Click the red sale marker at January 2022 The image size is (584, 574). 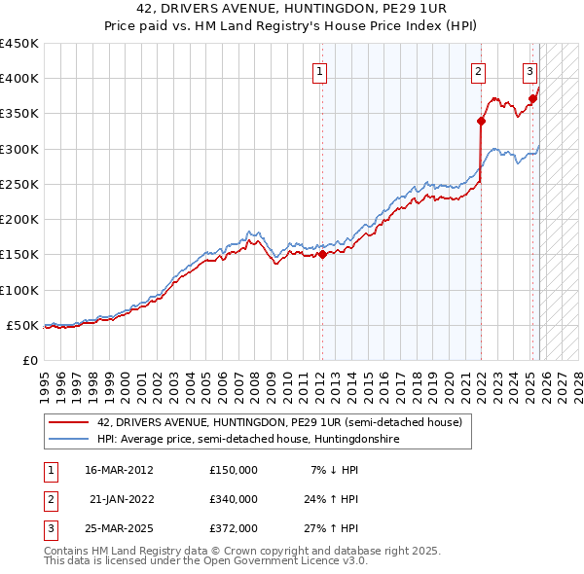[x=481, y=121]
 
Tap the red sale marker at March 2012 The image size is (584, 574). [x=322, y=255]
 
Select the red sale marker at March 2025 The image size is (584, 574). [x=532, y=98]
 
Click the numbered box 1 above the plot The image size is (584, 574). [x=319, y=70]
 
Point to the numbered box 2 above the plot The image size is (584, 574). [x=479, y=70]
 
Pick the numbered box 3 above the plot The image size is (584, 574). [x=529, y=70]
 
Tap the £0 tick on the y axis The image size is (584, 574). [x=29, y=360]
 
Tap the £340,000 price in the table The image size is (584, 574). [x=233, y=499]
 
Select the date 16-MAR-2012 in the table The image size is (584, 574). [x=119, y=470]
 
